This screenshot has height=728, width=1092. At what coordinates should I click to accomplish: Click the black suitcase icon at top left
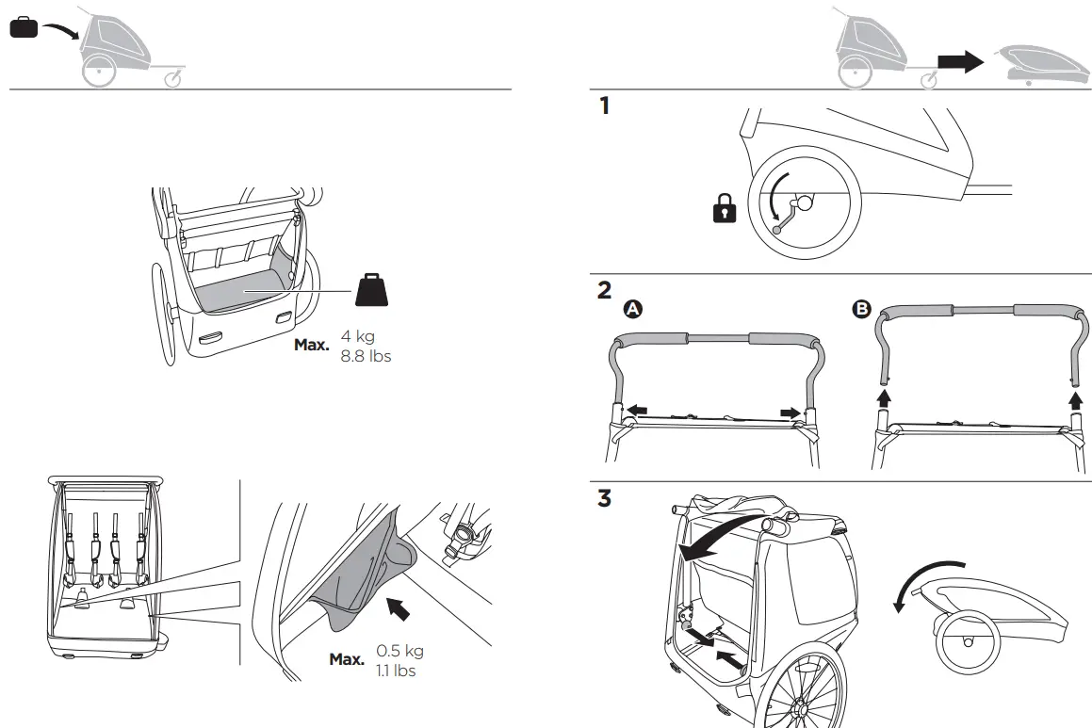coord(24,28)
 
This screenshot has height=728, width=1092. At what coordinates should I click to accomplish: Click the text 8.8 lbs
coord(366,356)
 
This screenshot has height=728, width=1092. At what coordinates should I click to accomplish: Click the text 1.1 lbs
coord(396,671)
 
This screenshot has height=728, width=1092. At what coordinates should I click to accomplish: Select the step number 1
coord(605,106)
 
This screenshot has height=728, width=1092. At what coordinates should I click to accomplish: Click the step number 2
coord(605,289)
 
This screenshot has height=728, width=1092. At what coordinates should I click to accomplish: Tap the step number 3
coord(605,498)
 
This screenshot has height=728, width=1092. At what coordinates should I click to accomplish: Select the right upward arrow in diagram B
coord(1074,403)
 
